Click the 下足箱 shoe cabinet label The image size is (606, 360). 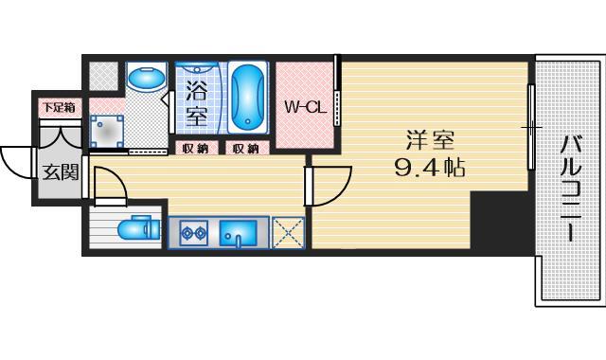click(54, 109)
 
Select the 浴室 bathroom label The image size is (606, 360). click(196, 104)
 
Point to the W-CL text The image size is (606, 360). click(305, 107)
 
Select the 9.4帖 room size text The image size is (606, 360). click(431, 171)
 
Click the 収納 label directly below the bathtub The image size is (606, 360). click(247, 148)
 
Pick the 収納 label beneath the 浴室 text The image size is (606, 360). click(197, 148)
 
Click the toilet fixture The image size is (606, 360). click(137, 229)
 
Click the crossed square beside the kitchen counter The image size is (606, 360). click(287, 233)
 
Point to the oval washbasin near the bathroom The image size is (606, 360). click(146, 81)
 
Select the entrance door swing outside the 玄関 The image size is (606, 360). click(17, 161)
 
